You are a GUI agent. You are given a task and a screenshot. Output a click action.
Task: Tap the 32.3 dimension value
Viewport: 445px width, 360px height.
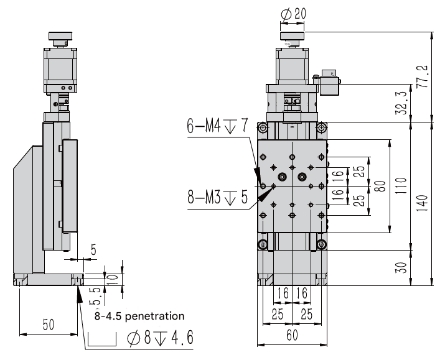click(401, 103)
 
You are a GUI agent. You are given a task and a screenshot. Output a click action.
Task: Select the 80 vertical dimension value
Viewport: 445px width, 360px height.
click(380, 185)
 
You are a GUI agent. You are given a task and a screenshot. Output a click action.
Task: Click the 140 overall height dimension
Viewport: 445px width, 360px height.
click(424, 202)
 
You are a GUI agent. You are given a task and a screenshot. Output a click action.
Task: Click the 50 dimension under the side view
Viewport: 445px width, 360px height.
click(48, 325)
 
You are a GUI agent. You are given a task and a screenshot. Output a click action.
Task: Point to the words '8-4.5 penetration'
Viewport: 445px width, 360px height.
click(139, 315)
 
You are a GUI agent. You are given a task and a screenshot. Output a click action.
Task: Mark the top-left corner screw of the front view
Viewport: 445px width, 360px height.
click(263, 129)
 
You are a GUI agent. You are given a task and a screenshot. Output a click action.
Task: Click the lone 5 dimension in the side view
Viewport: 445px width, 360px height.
click(93, 250)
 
